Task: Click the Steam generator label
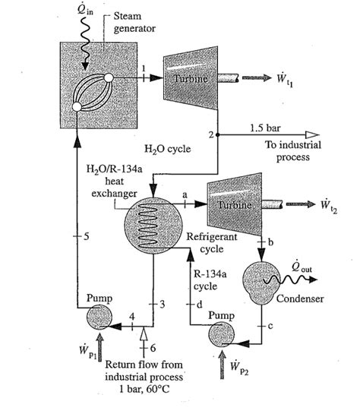click(135, 22)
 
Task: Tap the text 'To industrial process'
click(292, 150)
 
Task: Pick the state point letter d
click(199, 305)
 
